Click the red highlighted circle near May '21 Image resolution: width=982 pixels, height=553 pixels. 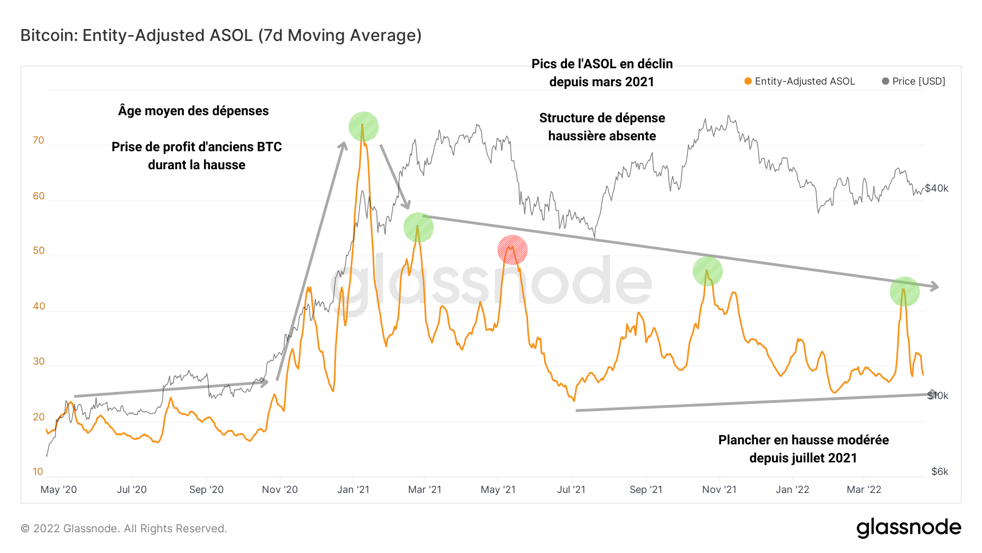coord(512,250)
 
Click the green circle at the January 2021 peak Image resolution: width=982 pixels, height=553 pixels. coord(363,127)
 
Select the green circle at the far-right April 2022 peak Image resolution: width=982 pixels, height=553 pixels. coord(904,292)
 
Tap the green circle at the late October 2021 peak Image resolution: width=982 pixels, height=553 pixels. coord(708,271)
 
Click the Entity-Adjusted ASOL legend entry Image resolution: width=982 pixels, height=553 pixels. coord(799,81)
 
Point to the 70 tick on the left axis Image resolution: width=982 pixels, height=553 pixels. coord(38,140)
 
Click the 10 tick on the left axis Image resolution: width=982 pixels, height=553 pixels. coord(38,472)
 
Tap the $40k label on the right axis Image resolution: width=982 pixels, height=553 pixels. coord(937,188)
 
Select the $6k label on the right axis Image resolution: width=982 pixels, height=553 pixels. coord(939,472)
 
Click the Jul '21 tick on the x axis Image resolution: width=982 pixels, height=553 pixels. coord(571,490)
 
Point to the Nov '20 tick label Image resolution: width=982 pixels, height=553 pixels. coord(279,490)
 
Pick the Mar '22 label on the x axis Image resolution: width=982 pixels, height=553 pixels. coord(864,490)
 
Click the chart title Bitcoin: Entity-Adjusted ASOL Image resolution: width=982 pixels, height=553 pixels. coord(221,35)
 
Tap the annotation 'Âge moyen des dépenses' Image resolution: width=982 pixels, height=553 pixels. coord(194,111)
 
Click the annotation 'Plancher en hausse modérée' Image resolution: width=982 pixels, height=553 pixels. coord(803,440)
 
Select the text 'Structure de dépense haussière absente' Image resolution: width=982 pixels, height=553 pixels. coord(602,127)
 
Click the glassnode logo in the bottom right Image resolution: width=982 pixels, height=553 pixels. coord(908,528)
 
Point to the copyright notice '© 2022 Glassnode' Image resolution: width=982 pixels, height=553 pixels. coord(124,528)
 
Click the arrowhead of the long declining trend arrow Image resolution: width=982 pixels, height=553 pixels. coord(935,287)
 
